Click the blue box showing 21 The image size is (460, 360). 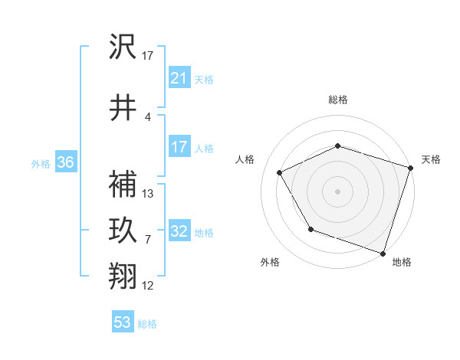(x=179, y=78)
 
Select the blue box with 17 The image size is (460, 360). (x=179, y=147)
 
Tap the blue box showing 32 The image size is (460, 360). (x=179, y=231)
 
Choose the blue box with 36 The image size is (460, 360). (x=65, y=162)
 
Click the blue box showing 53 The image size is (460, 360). (x=122, y=322)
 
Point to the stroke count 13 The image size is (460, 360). (x=148, y=194)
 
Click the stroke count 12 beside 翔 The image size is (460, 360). (x=148, y=286)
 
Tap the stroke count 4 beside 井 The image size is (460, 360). (x=147, y=117)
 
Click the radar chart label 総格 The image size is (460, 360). (x=337, y=100)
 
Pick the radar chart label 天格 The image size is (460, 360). (x=431, y=159)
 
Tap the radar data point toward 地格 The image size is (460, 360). (x=383, y=253)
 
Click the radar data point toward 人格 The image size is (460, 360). (x=280, y=172)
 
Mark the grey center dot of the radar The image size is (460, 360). (x=337, y=191)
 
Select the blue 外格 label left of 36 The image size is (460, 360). (x=41, y=163)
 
